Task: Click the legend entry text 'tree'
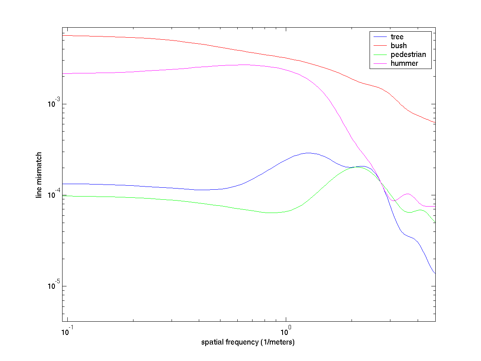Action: tap(397, 37)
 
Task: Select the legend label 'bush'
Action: tap(398, 46)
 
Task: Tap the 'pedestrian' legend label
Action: tap(408, 55)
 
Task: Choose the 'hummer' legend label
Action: tap(404, 63)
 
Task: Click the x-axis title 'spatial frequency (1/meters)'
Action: tap(248, 343)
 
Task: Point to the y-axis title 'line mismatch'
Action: tap(39, 174)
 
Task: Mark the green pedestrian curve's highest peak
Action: tap(356, 167)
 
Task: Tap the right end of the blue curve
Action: tap(435, 274)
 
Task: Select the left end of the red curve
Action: tap(63, 35)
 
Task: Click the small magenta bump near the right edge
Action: tap(408, 194)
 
